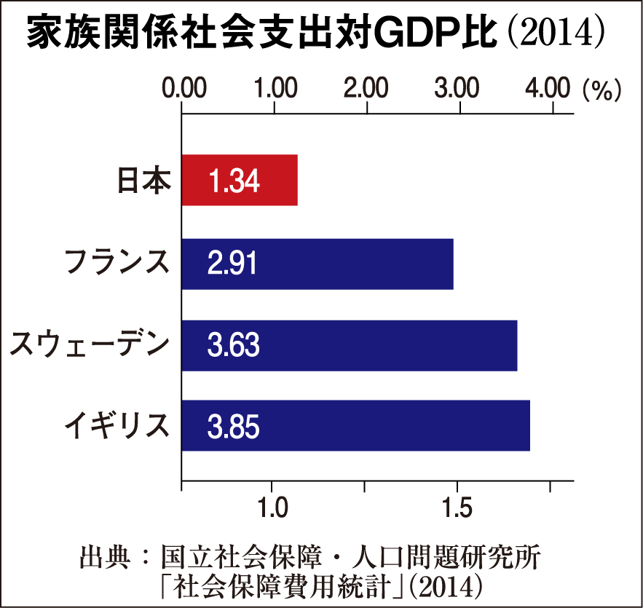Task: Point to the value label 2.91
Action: tap(232, 264)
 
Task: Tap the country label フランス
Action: tap(117, 264)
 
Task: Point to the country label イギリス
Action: tap(117, 426)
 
